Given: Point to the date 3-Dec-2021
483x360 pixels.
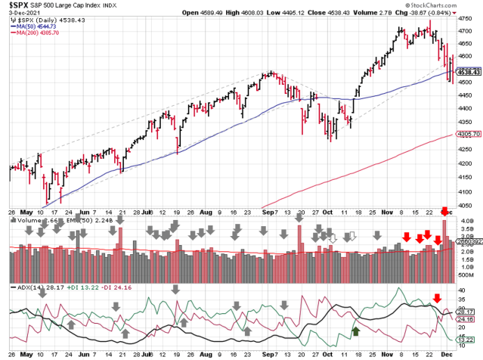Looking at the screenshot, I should click(x=20, y=13).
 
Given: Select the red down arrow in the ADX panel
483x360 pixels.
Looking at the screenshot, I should click(x=436, y=298).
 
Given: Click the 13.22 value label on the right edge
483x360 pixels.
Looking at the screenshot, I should click(x=466, y=340).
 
